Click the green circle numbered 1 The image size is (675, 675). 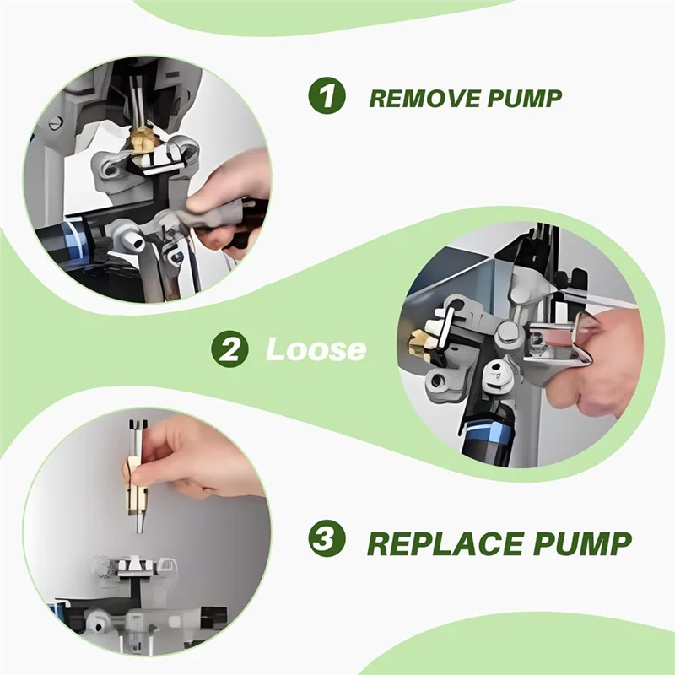[327, 96]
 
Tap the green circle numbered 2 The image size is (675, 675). [229, 349]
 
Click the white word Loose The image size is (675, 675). [316, 349]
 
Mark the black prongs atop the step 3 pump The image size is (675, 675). [138, 425]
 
